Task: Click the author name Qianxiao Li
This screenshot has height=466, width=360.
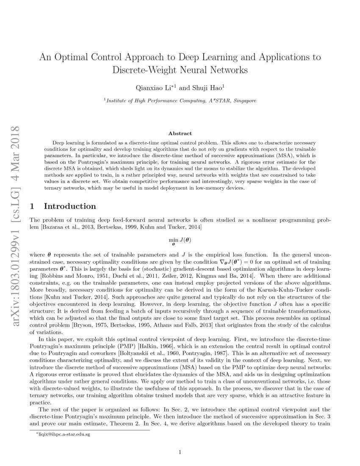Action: pyautogui.click(x=150, y=87)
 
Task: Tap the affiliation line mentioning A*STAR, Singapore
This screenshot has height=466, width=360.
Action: pyautogui.click(x=180, y=101)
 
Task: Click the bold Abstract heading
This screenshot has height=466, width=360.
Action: pyautogui.click(x=180, y=133)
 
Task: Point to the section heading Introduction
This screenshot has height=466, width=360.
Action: pyautogui.click(x=70, y=206)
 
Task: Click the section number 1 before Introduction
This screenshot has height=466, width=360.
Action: pyautogui.click(x=32, y=206)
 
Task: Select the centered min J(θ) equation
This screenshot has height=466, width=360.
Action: pyautogui.click(x=180, y=241)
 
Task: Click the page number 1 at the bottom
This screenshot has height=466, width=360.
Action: pyautogui.click(x=180, y=452)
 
